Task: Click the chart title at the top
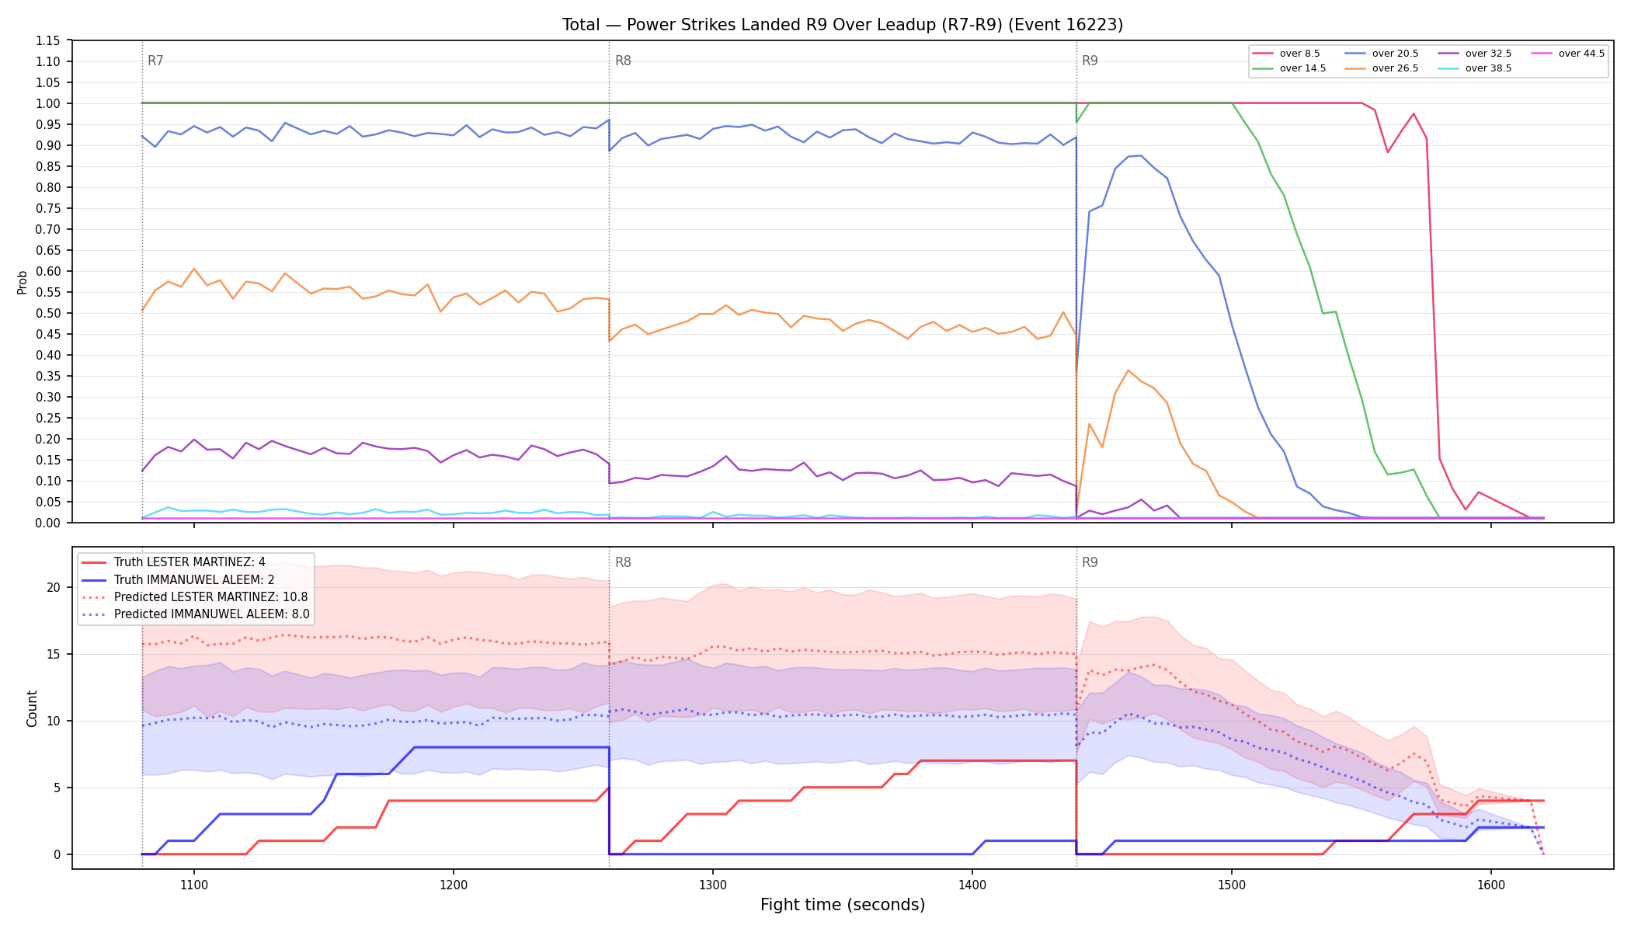coord(843,25)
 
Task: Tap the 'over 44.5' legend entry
coord(1568,54)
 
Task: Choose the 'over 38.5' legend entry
coord(1475,68)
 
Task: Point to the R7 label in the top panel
coord(155,61)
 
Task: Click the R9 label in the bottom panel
coord(1090,562)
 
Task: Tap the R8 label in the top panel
coord(623,61)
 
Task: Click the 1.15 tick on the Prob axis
coord(48,40)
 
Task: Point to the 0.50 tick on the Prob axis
coord(48,313)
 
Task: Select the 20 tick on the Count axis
coord(54,587)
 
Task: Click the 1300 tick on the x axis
coord(713,885)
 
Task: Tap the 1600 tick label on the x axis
coord(1491,885)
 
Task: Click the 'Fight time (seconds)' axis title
coord(843,905)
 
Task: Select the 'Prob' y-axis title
coord(23,282)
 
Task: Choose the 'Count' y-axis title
coord(32,708)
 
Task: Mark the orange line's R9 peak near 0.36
coord(1128,370)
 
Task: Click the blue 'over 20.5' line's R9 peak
coord(1140,155)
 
